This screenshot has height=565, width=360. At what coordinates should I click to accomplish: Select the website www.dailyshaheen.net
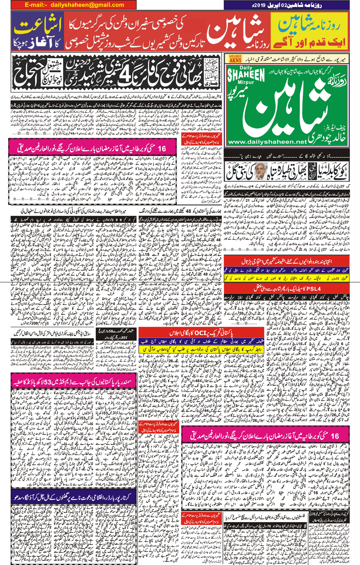(x=267, y=142)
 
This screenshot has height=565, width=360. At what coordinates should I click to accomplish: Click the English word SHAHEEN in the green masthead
(x=246, y=74)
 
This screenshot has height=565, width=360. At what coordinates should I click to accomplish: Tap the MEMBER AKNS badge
(x=235, y=59)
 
